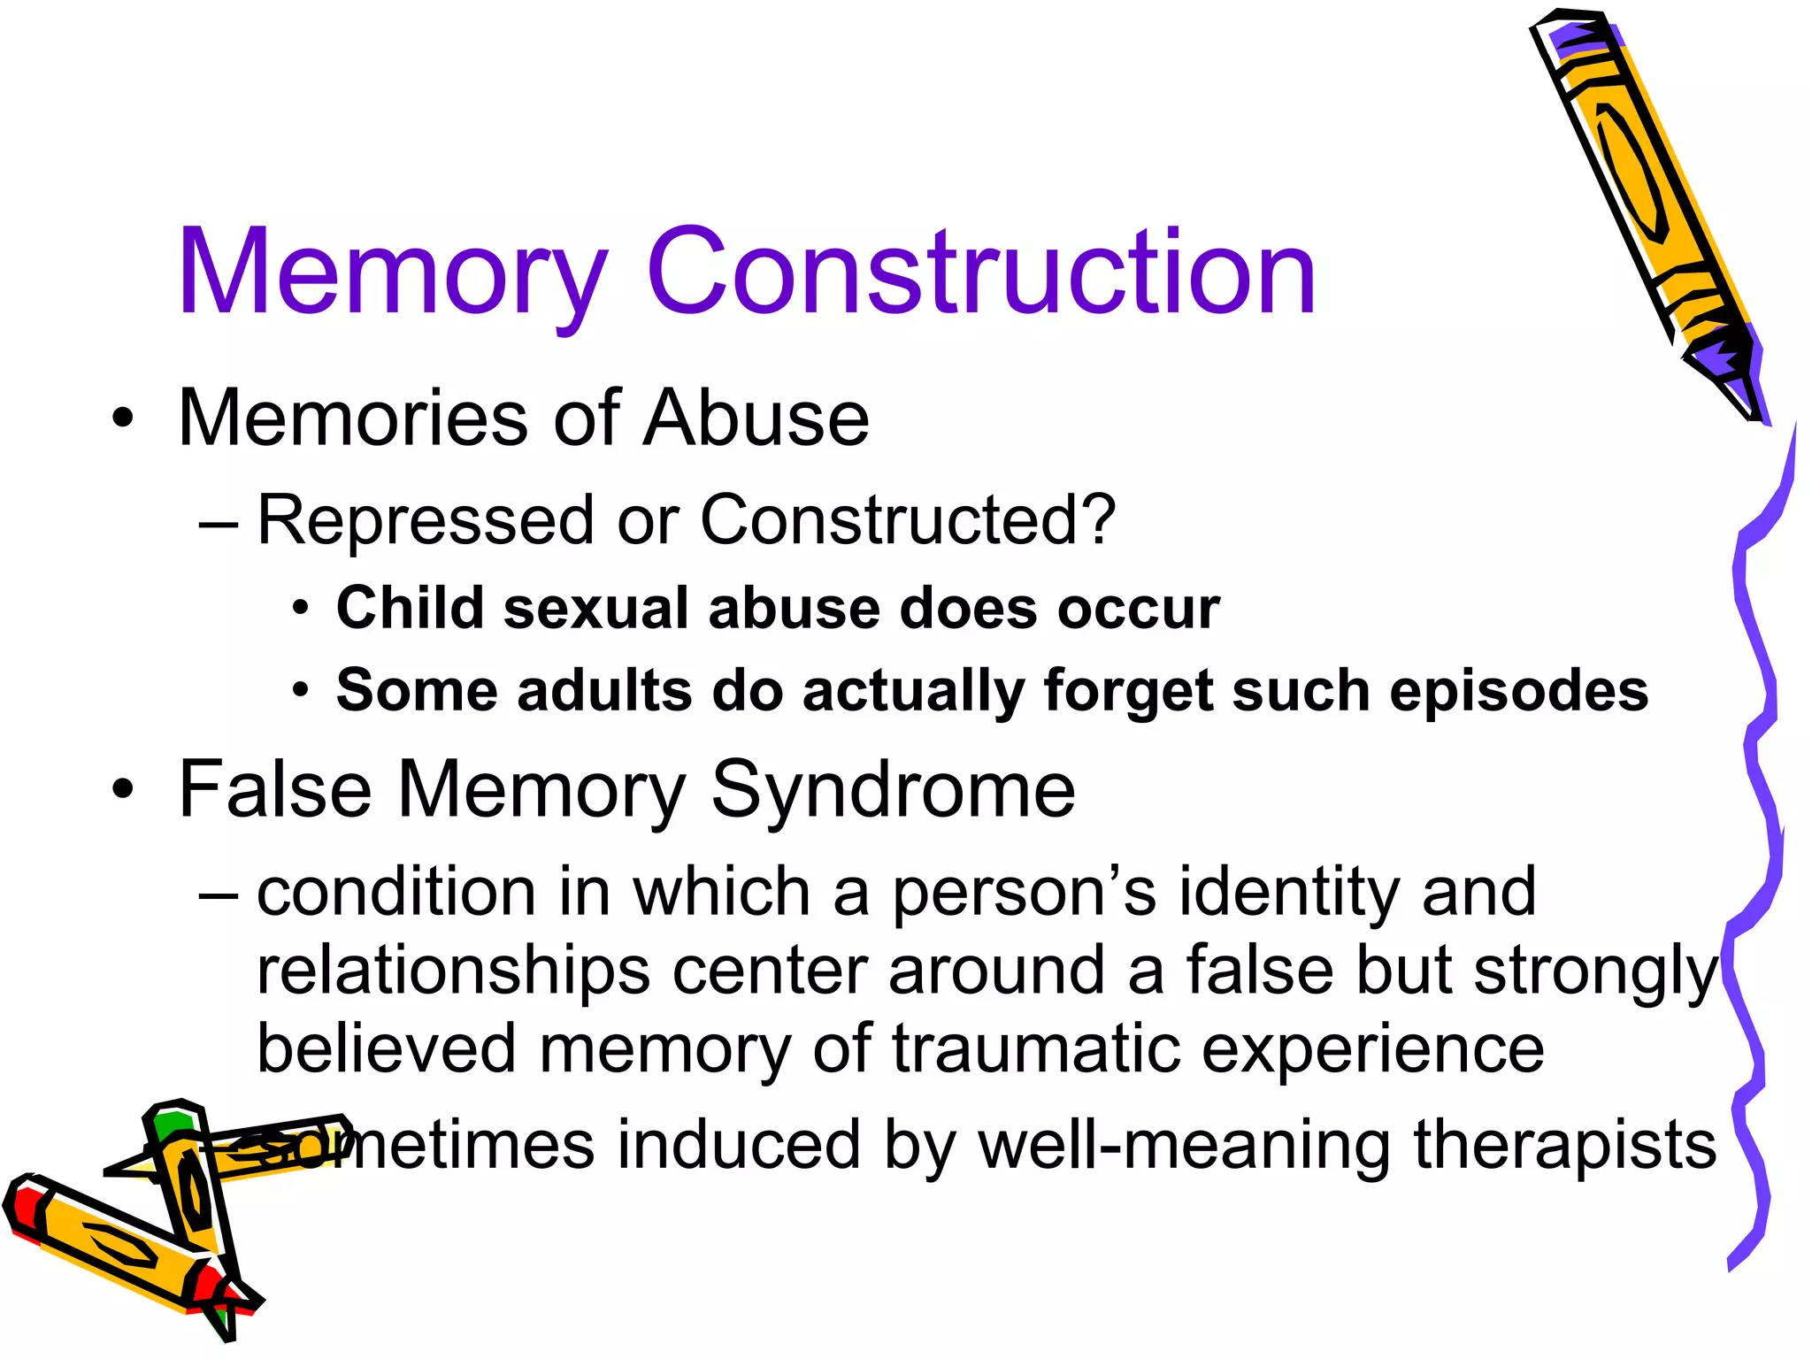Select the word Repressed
(425, 520)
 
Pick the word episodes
(1518, 691)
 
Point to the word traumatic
(1035, 1049)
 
